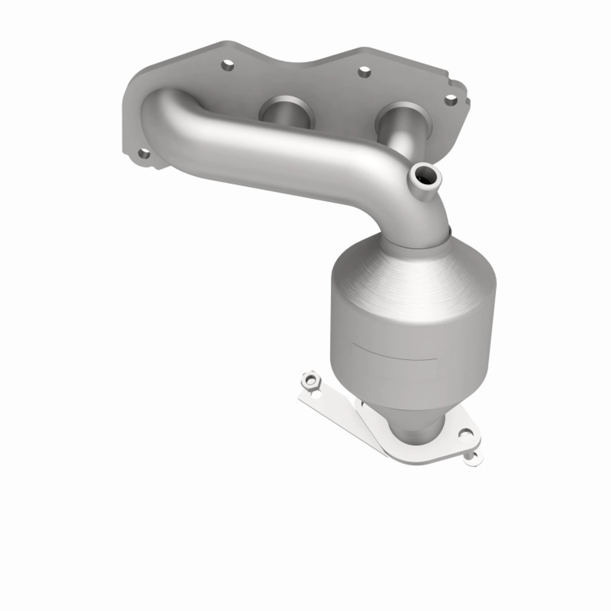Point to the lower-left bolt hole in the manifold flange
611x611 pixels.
point(143,154)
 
